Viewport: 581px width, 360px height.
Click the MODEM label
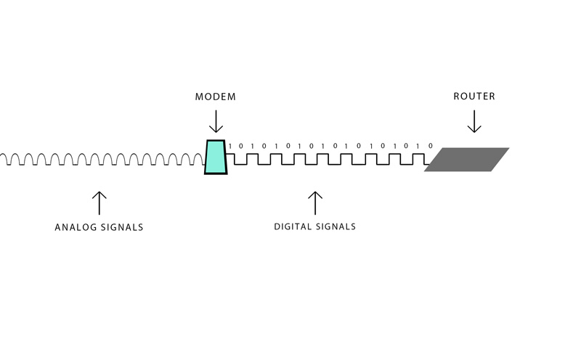pos(215,97)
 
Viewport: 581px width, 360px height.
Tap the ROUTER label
pos(474,97)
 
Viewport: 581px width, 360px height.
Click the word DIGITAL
pos(293,226)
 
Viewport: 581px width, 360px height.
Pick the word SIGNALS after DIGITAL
pos(336,226)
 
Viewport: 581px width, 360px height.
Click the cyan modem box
pos(216,157)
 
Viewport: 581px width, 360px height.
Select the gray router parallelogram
pos(466,159)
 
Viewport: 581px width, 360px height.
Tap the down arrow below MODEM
pos(216,121)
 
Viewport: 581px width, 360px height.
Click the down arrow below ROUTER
pos(474,121)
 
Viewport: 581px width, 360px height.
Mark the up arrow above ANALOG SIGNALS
pos(99,203)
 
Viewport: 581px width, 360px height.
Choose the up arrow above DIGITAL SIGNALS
pos(315,203)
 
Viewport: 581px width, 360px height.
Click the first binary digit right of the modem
pos(230,147)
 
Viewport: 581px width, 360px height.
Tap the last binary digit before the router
pos(431,146)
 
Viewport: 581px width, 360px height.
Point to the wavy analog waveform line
pos(102,160)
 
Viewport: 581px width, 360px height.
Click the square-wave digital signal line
pos(328,159)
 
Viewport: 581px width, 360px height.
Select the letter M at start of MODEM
pos(199,97)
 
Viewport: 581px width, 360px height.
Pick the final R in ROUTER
pos(492,97)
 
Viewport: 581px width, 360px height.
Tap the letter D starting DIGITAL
pos(277,226)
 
